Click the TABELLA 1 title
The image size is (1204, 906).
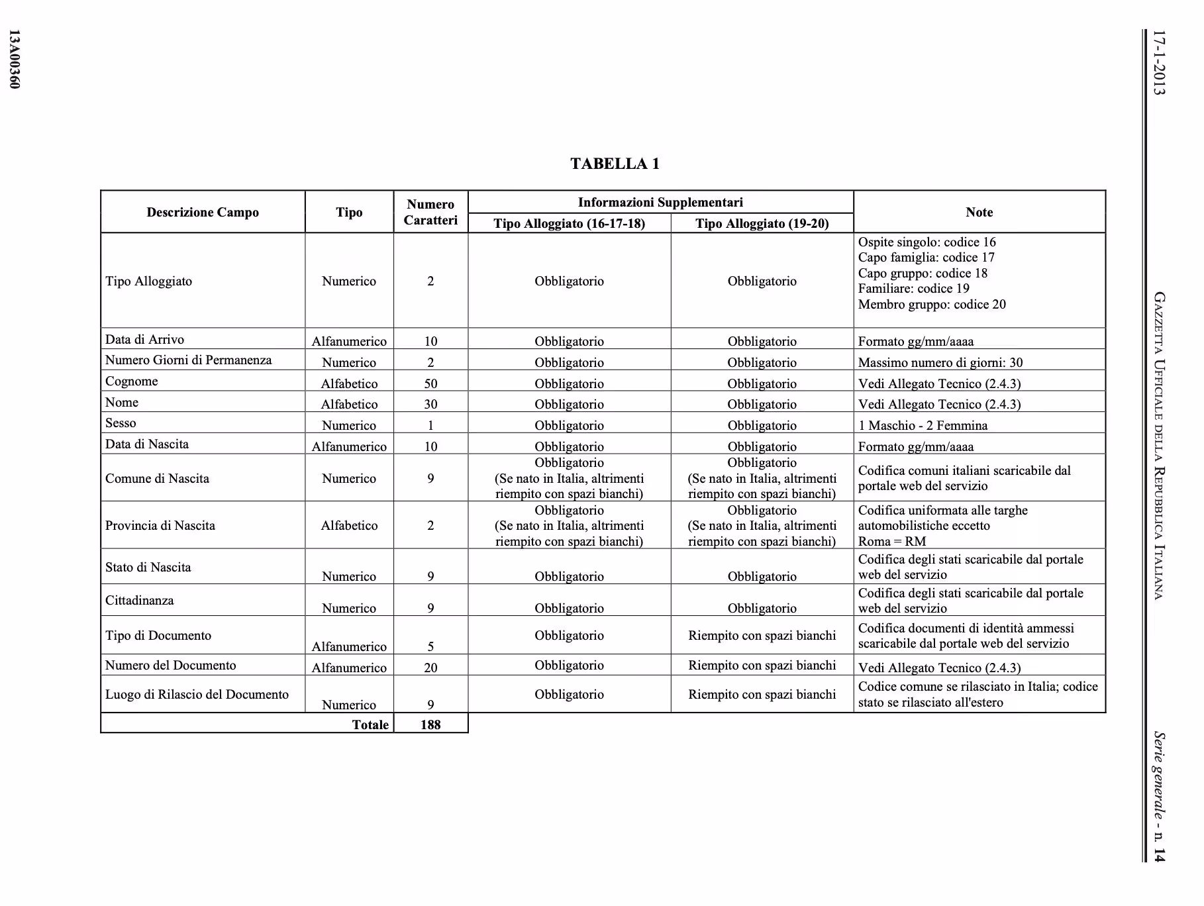pos(615,164)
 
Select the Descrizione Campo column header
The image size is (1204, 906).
pos(203,213)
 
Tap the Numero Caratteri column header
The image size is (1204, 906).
pos(430,212)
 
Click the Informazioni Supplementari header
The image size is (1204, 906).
pos(660,203)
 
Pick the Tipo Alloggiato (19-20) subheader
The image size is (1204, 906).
pos(762,223)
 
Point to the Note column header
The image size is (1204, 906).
pos(979,213)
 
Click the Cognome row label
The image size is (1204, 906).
pos(132,381)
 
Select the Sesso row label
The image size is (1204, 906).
pos(121,423)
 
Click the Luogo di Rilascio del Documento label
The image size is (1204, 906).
pos(197,695)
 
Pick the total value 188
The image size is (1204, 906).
pos(430,725)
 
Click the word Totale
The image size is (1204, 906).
pos(370,725)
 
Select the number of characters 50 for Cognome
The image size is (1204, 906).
pos(430,383)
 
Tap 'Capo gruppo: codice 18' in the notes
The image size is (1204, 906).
pos(923,274)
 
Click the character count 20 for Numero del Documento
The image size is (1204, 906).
pos(430,668)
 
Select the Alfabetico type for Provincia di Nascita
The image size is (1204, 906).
pos(349,526)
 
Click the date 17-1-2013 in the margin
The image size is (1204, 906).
pos(1158,63)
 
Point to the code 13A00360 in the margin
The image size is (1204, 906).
pos(15,59)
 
